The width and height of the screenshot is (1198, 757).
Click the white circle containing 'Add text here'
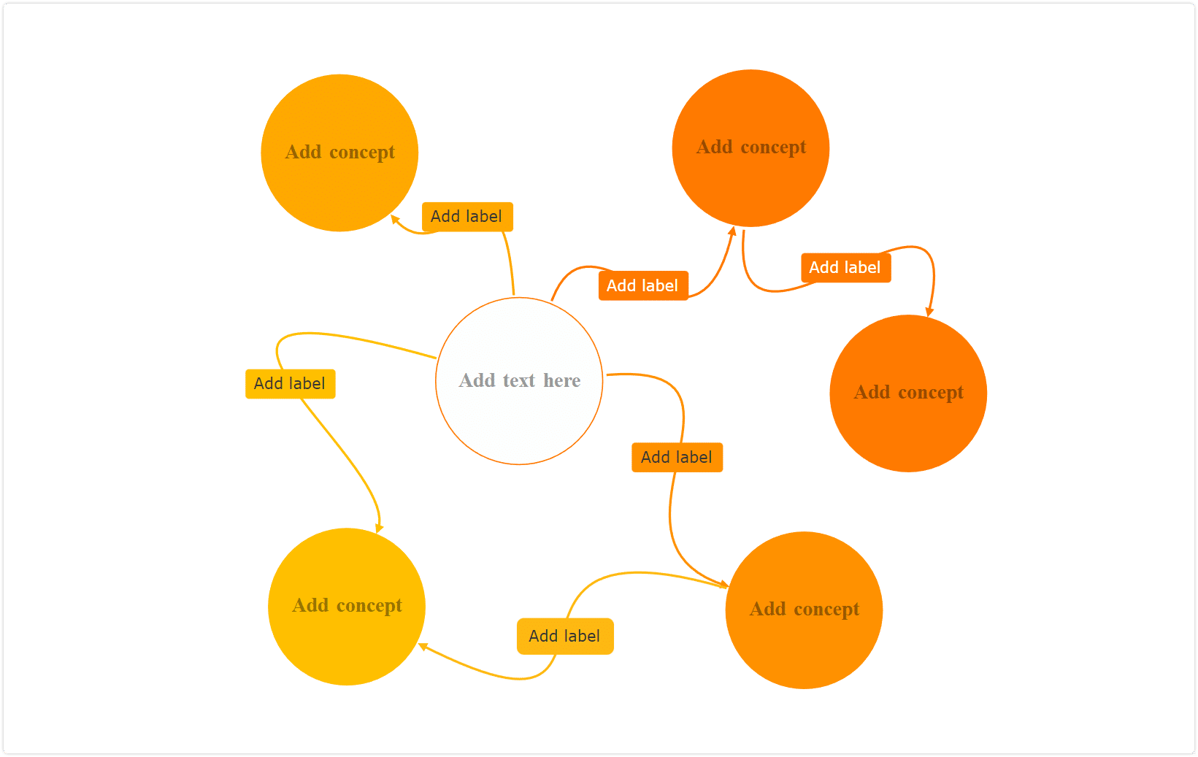click(x=519, y=380)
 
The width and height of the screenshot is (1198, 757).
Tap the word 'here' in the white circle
click(x=561, y=380)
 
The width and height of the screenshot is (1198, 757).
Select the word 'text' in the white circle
click(x=519, y=380)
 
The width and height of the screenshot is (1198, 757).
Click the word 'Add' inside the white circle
click(x=477, y=380)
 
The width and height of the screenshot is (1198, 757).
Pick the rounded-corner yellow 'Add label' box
click(x=565, y=636)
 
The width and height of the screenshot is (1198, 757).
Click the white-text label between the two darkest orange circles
click(x=845, y=267)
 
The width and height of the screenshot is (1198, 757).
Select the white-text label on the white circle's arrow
click(x=643, y=285)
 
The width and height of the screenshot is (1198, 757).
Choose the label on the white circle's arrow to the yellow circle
click(x=290, y=384)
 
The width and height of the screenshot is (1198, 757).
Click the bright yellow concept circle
click(x=347, y=607)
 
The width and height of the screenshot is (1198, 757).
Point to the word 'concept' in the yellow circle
click(x=369, y=606)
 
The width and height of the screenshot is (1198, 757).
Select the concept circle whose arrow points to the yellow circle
click(x=804, y=610)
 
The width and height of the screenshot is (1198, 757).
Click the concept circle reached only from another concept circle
click(x=908, y=393)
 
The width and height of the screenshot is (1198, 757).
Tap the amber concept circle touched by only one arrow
click(x=339, y=153)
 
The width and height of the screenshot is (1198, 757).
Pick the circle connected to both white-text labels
click(x=751, y=148)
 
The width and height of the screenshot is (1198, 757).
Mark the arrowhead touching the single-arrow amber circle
click(x=395, y=219)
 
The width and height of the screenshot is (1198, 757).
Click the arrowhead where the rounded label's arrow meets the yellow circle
click(x=423, y=647)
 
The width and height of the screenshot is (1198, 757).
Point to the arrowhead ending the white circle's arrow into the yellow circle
click(x=379, y=529)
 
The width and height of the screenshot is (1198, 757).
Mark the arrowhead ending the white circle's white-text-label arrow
click(x=733, y=231)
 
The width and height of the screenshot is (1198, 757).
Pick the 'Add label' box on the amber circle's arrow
click(x=467, y=217)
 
